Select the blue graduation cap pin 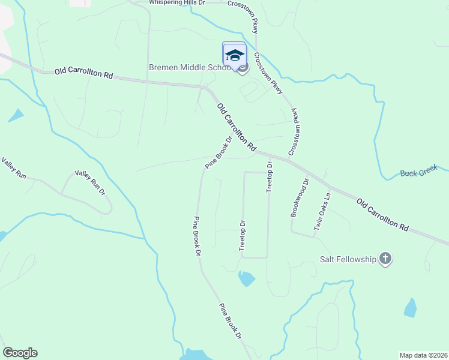(234, 55)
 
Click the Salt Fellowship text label (348, 259)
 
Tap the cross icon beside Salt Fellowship (385, 259)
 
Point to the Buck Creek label (419, 173)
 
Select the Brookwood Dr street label (298, 197)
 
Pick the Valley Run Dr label (89, 182)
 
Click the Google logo (20, 353)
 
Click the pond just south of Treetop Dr (246, 278)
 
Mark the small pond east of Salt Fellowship (411, 308)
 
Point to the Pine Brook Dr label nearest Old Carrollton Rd (218, 152)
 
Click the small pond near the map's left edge (15, 115)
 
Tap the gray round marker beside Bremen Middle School (243, 68)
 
